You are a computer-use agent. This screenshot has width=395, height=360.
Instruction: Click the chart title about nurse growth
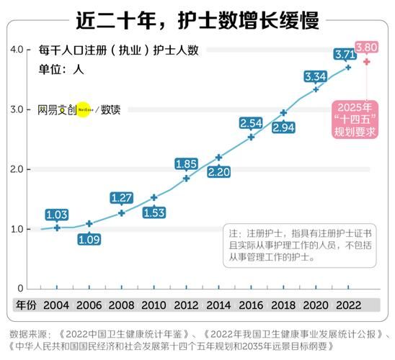[x=197, y=19]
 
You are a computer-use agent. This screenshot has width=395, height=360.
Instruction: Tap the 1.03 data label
[x=56, y=215]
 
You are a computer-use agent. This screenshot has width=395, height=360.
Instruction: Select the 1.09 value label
[x=89, y=239]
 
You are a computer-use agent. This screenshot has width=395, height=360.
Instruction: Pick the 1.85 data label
[x=186, y=163]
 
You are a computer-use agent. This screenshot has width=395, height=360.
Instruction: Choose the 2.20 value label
[x=218, y=172]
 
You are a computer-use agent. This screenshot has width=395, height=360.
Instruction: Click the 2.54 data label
[x=251, y=123]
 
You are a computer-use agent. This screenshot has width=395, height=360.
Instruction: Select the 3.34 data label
[x=316, y=76]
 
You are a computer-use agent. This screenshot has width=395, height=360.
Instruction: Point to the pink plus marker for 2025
[x=367, y=62]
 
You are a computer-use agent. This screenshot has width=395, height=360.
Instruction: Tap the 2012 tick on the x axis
[x=186, y=305]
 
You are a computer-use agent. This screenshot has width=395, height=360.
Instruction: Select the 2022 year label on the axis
[x=348, y=305]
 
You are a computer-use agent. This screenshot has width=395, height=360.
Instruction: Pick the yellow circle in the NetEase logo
[x=84, y=111]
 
